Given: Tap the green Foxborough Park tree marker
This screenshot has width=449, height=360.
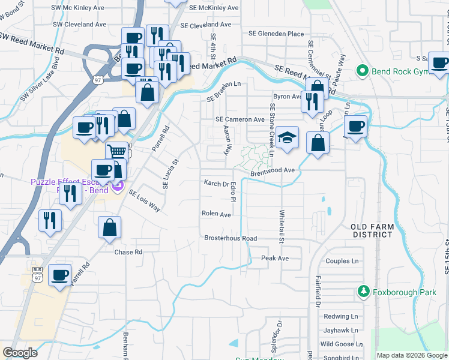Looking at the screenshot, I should click(363, 292).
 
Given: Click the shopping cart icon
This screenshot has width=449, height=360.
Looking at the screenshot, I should click(117, 151).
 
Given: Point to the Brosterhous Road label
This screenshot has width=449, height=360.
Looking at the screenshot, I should click(231, 238).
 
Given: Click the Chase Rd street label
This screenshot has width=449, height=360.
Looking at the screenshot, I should click(128, 252).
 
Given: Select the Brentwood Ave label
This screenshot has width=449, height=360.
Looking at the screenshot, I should click(273, 170).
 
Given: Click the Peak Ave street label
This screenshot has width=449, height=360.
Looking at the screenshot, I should click(275, 258).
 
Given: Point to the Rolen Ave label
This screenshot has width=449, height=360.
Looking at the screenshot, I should click(216, 214).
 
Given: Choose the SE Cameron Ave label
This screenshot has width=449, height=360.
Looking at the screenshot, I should click(240, 119).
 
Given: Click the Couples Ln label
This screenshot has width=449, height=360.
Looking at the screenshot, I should click(342, 261).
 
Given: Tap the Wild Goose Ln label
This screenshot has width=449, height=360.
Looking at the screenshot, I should click(339, 344).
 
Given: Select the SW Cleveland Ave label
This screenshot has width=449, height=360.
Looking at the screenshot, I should click(79, 25).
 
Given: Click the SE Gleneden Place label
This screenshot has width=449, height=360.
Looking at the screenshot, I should click(276, 34).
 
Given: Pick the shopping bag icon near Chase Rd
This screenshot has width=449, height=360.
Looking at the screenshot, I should click(110, 227).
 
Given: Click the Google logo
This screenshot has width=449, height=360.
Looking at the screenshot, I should click(20, 353).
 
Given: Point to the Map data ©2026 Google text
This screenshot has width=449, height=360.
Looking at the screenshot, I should click(411, 355).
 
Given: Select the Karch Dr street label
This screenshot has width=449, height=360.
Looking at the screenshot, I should click(216, 184).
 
